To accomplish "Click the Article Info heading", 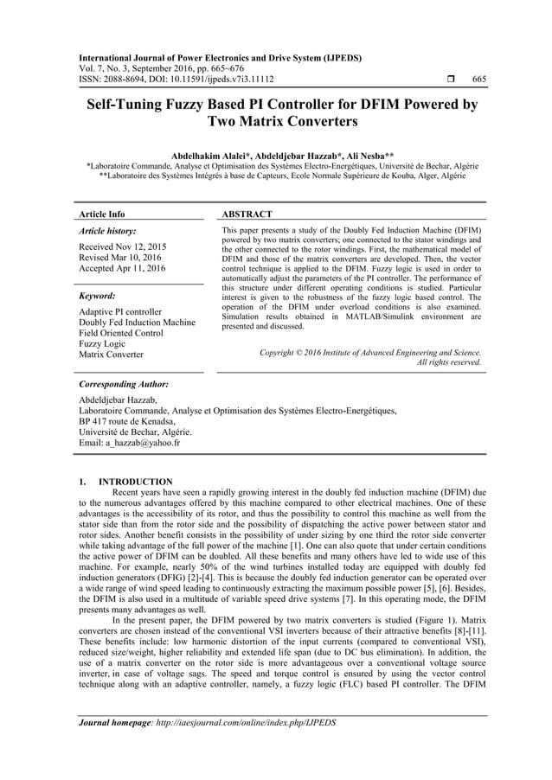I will (101, 214).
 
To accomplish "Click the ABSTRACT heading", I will (247, 214).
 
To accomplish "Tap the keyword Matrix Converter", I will (111, 355).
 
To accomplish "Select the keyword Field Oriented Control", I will (120, 333).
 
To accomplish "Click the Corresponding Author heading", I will (123, 383).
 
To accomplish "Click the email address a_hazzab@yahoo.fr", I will (129, 443).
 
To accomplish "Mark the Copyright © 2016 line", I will (370, 352).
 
